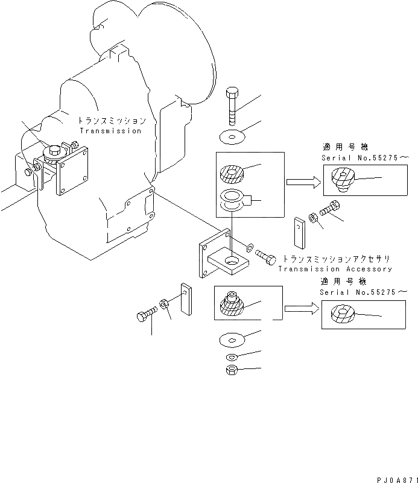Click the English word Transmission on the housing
pyautogui.click(x=110, y=131)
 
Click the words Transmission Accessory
pyautogui.click(x=335, y=269)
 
